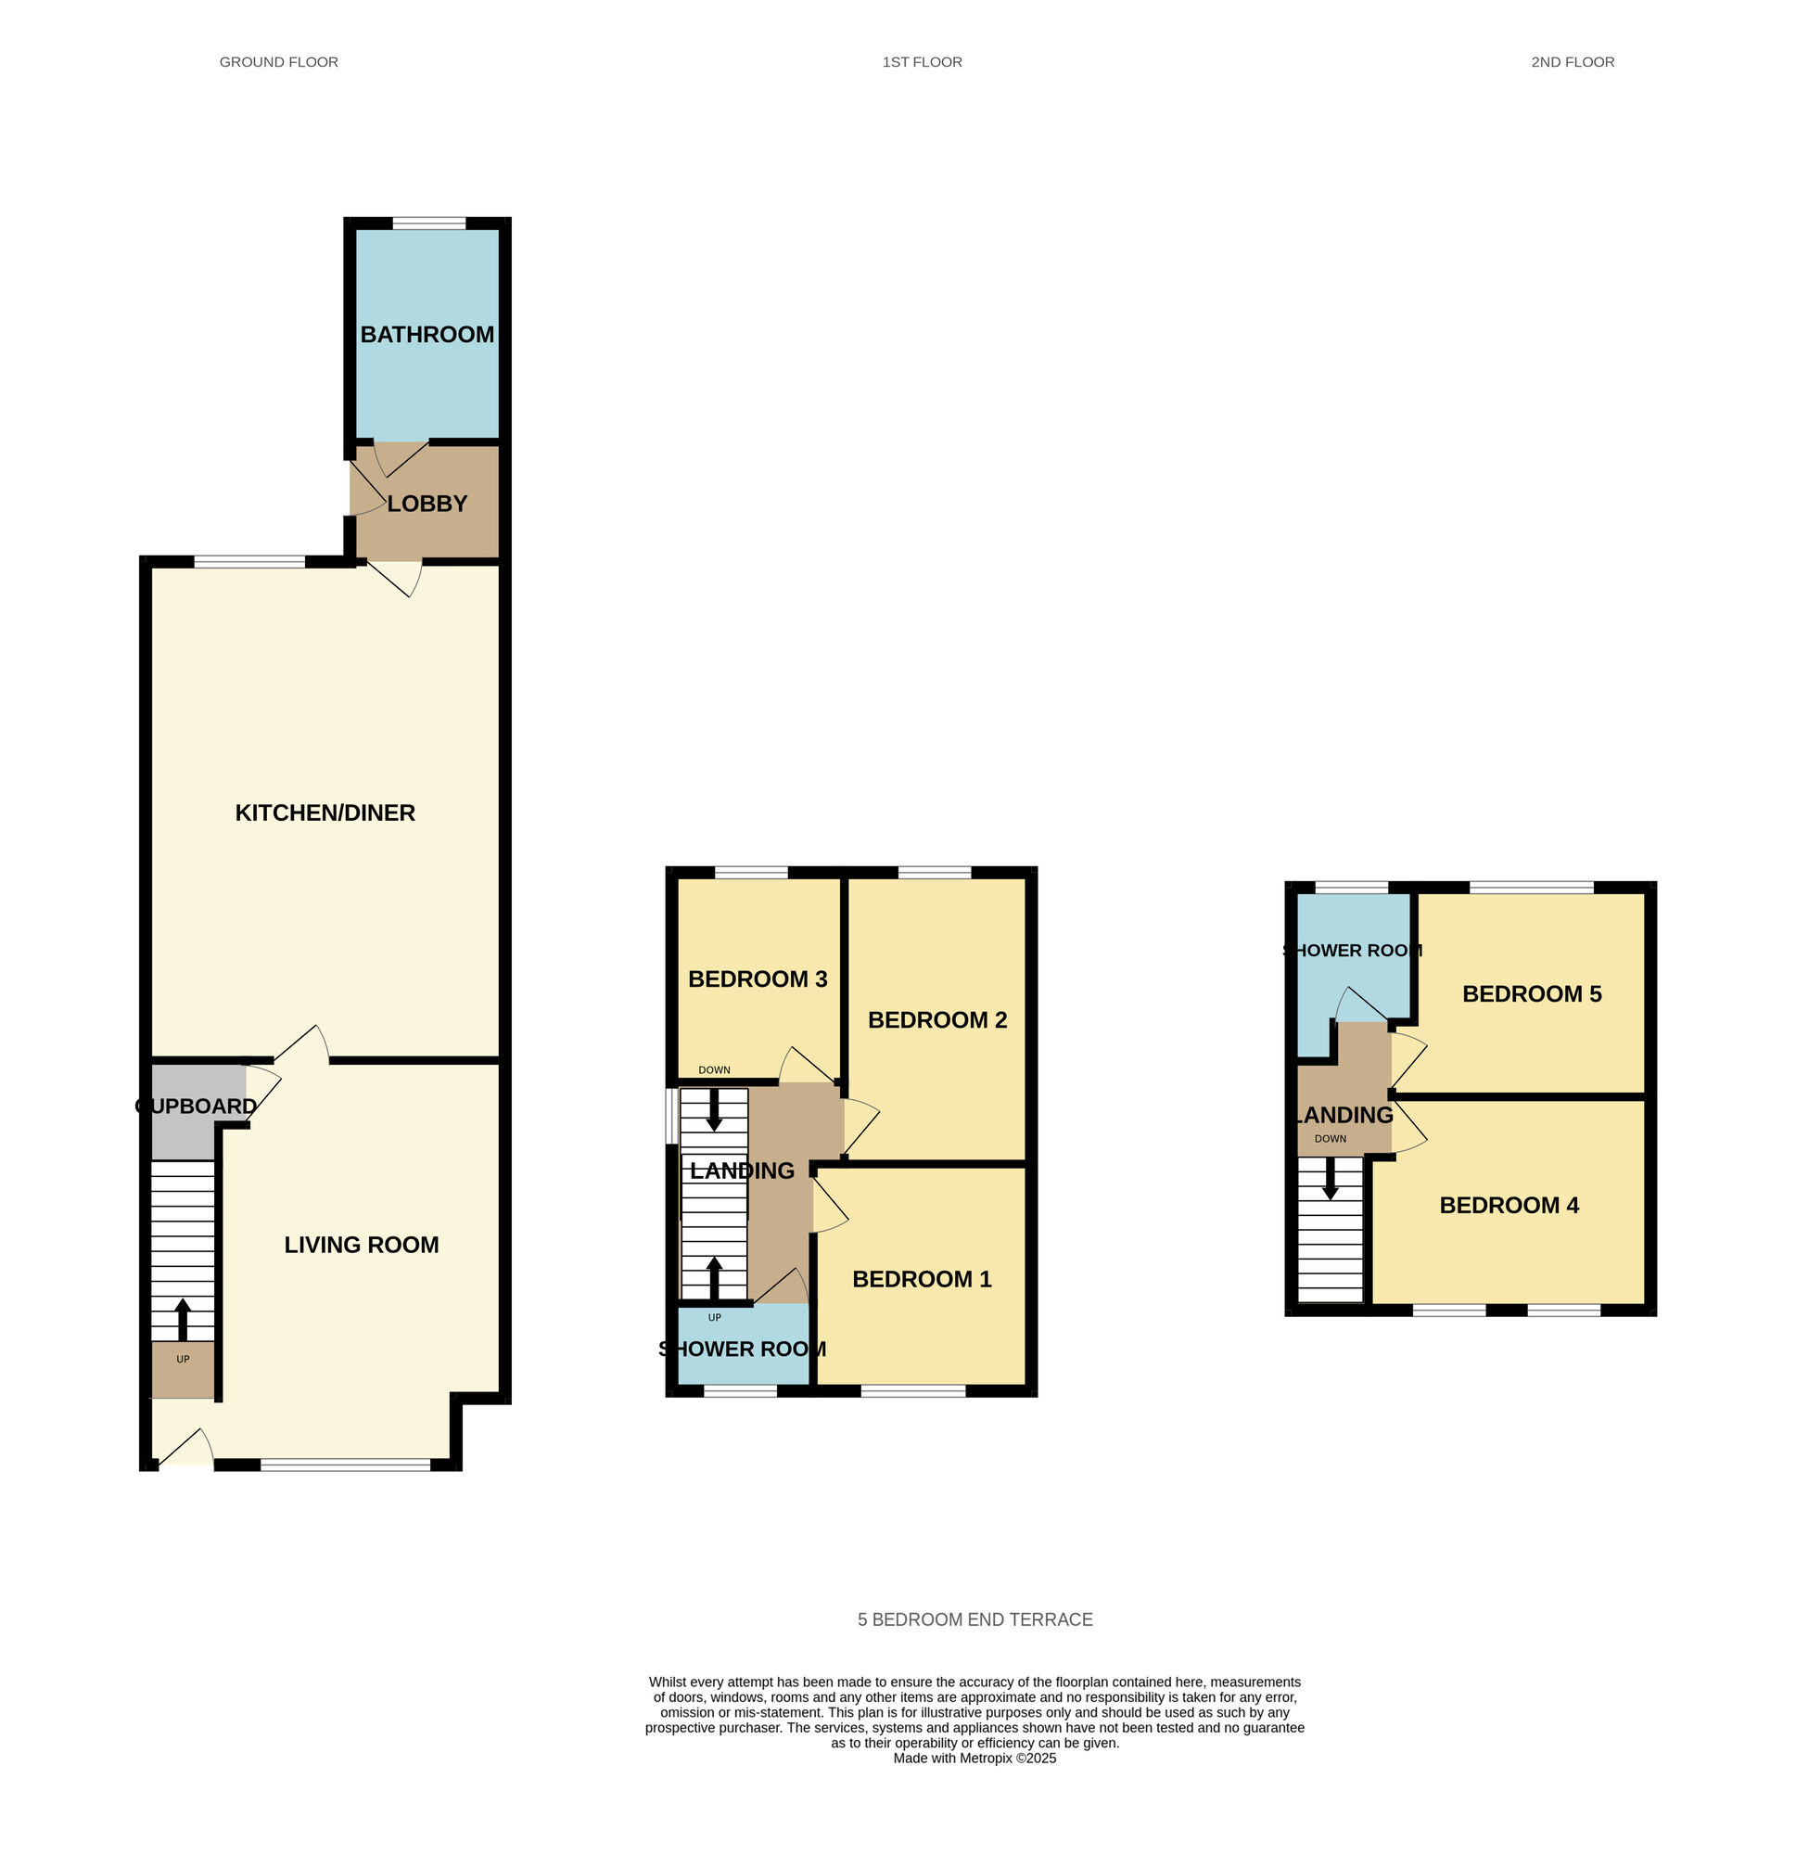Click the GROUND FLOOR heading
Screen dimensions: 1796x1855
(278, 62)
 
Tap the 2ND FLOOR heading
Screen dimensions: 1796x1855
(1572, 62)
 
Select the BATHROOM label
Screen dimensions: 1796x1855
(427, 334)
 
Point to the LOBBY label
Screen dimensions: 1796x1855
(427, 504)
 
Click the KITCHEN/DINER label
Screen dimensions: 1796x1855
(325, 812)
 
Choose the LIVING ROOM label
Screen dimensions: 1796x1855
(362, 1245)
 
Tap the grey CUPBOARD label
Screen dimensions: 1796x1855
(196, 1106)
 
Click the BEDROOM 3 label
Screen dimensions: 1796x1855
(757, 979)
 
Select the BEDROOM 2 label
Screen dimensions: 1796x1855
(936, 1019)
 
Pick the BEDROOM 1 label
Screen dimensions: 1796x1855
(922, 1279)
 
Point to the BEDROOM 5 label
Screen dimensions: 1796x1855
(1531, 993)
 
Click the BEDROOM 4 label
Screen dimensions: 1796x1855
(1509, 1205)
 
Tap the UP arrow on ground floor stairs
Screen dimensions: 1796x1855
(183, 1319)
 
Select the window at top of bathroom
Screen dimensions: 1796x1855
(428, 224)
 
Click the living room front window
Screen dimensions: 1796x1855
(345, 1465)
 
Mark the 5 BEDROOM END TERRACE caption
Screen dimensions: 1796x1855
(974, 1619)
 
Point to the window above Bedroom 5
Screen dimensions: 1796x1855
(1531, 888)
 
